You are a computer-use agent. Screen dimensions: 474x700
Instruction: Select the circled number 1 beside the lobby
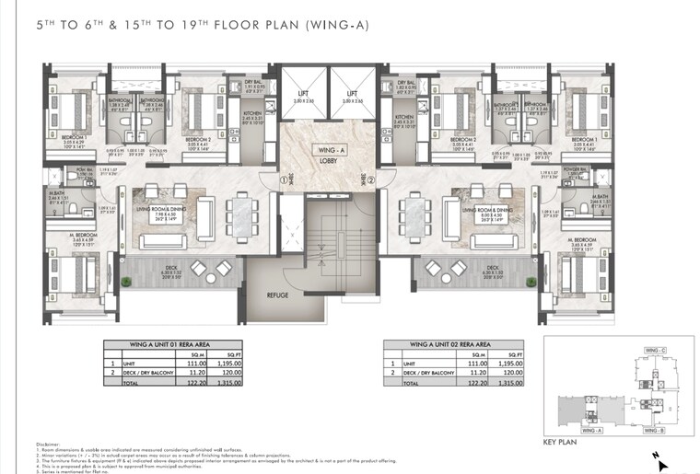[286, 180]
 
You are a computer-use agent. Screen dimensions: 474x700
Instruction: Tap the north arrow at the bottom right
[661, 464]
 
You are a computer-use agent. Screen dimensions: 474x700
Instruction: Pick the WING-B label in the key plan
[655, 430]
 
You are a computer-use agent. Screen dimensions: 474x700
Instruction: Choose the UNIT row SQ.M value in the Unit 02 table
[478, 364]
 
